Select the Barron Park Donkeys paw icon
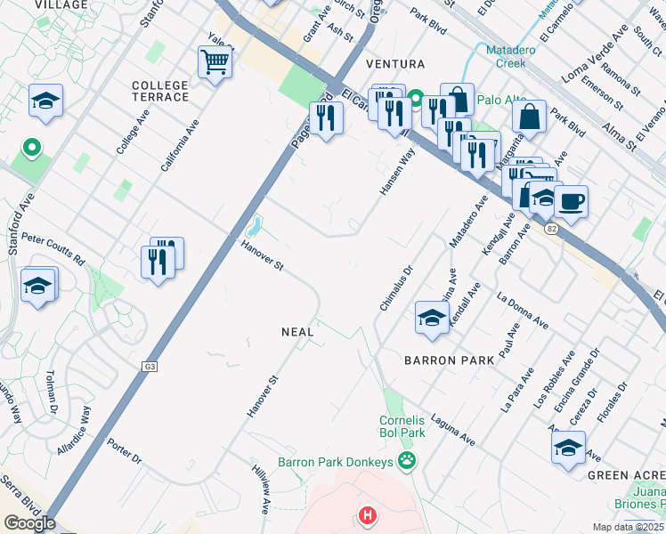(407, 461)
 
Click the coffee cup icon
(571, 200)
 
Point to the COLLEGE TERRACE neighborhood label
(160, 90)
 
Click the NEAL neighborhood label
(297, 331)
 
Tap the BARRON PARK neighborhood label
(449, 360)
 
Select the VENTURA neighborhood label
(390, 64)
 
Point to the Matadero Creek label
(509, 57)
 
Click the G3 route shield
(150, 366)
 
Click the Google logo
(29, 522)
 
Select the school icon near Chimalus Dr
(432, 318)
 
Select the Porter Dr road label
(124, 451)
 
